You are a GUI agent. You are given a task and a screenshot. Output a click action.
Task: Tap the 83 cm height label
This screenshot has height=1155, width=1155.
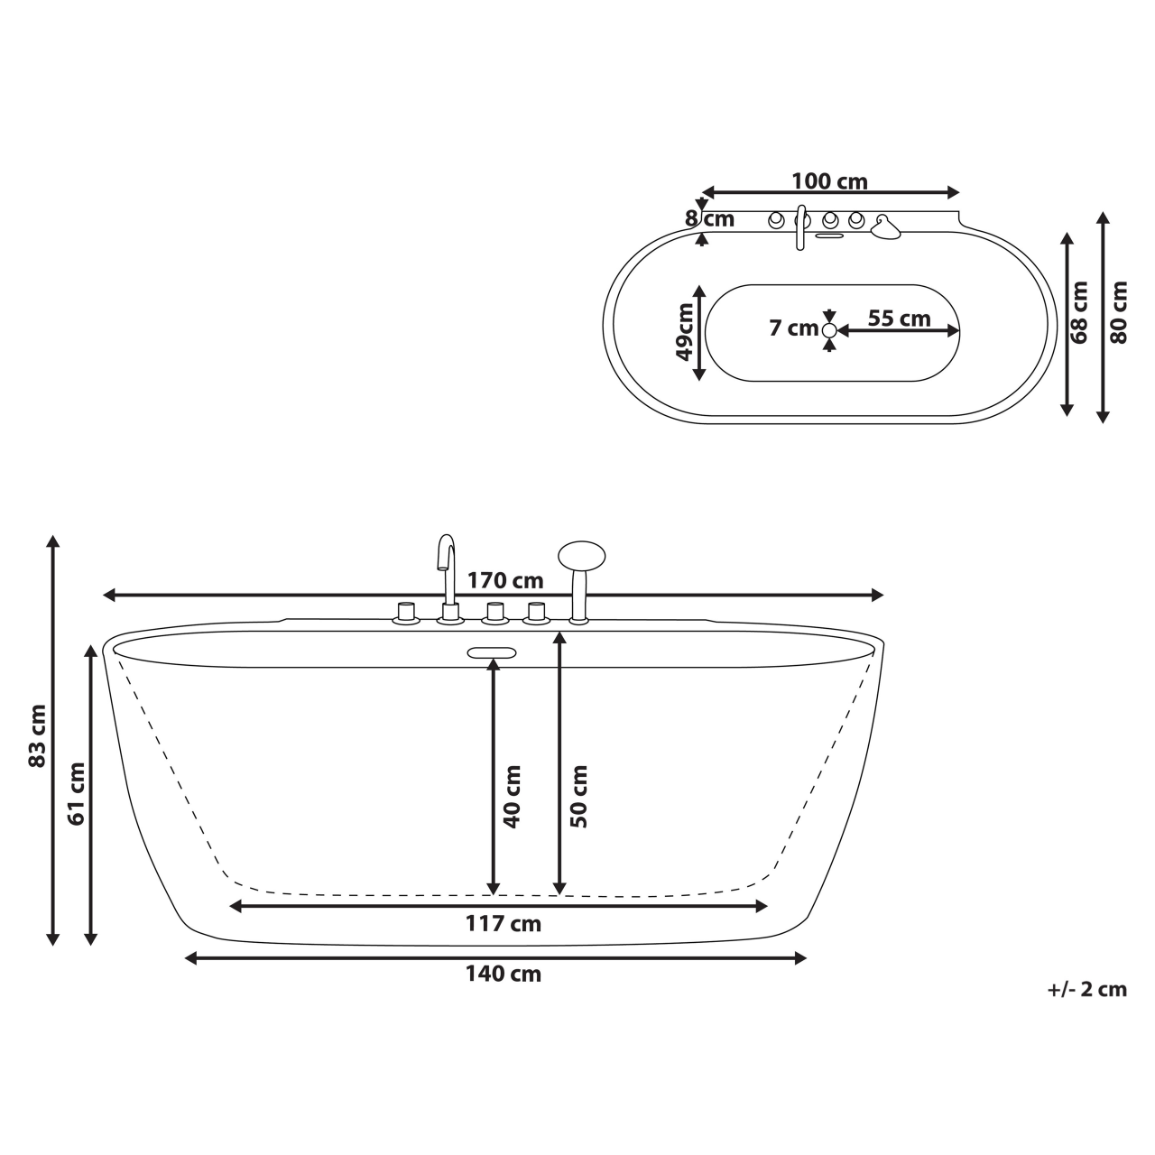coord(37,735)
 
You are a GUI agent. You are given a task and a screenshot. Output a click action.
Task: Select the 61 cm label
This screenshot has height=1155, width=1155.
coord(77,793)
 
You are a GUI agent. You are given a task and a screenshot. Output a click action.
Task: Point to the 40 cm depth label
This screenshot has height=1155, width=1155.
coord(512,797)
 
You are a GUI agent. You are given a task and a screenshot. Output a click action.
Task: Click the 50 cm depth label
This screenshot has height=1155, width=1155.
coord(578,797)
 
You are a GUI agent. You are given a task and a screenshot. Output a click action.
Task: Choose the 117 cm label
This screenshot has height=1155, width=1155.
coord(503,924)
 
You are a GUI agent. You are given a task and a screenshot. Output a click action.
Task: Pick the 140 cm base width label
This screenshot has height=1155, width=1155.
coord(503,974)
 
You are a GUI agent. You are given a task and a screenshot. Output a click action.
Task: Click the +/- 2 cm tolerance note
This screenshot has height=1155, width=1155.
coord(1086,989)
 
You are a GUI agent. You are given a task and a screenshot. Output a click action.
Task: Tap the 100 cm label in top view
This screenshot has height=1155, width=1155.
coord(829,181)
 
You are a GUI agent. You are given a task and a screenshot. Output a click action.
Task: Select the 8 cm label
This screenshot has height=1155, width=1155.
coord(710,218)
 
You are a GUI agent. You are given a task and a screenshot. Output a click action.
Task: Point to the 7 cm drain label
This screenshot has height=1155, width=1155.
coord(793,328)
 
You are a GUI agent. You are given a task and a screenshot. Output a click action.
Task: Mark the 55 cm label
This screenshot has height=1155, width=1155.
coord(899,318)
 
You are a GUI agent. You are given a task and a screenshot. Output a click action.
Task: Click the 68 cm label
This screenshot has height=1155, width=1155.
coord(1079,311)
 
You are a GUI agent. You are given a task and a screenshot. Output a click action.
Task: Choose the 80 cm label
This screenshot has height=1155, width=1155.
coord(1119,311)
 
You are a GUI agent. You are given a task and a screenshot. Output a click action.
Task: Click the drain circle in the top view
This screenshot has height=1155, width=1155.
coord(829,330)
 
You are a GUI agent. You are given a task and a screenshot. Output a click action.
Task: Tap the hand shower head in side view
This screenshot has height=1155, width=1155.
coord(582,553)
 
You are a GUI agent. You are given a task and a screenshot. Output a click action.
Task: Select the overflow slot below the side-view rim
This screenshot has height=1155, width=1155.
coord(491,652)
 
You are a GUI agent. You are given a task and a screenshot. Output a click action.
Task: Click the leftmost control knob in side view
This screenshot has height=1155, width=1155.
coord(405,613)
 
